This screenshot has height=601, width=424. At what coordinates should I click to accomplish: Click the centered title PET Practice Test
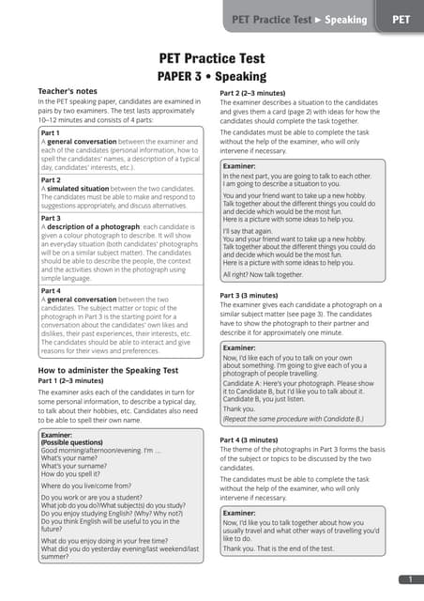[x=211, y=57]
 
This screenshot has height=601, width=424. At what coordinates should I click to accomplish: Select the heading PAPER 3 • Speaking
[x=211, y=76]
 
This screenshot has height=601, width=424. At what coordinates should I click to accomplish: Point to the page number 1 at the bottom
[x=411, y=579]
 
